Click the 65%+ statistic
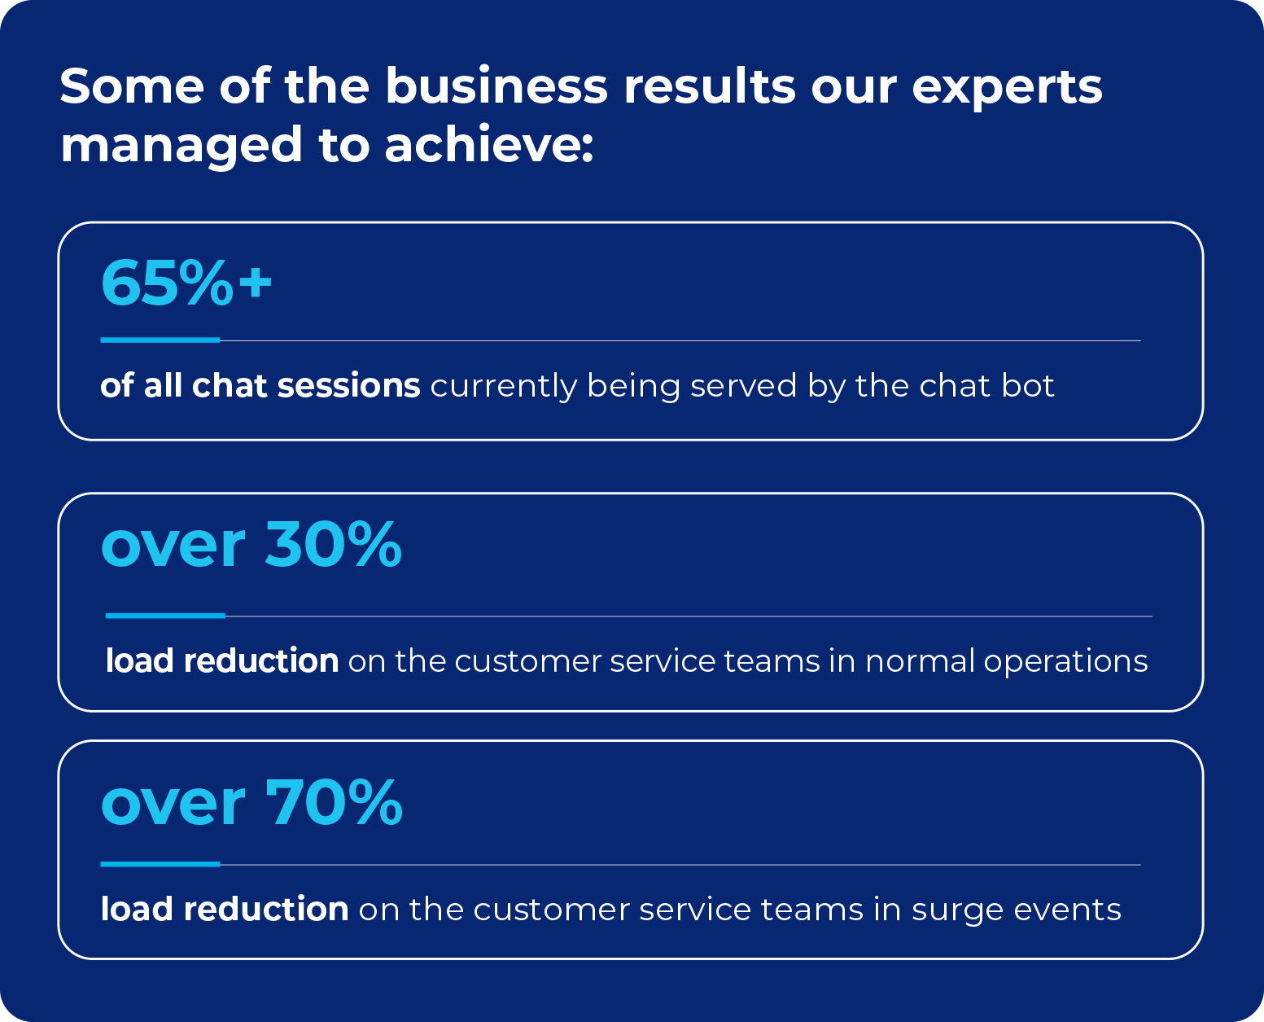[x=186, y=283]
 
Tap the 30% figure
[x=334, y=543]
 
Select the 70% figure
[x=334, y=801]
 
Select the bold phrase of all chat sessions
[x=260, y=385]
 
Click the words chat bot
[x=987, y=385]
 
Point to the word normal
[x=920, y=660]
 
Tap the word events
[x=1068, y=910]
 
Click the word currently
[x=503, y=387]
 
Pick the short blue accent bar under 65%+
[x=160, y=340]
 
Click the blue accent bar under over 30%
[x=165, y=616]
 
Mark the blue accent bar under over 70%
[x=160, y=864]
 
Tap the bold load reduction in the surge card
[x=225, y=909]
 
